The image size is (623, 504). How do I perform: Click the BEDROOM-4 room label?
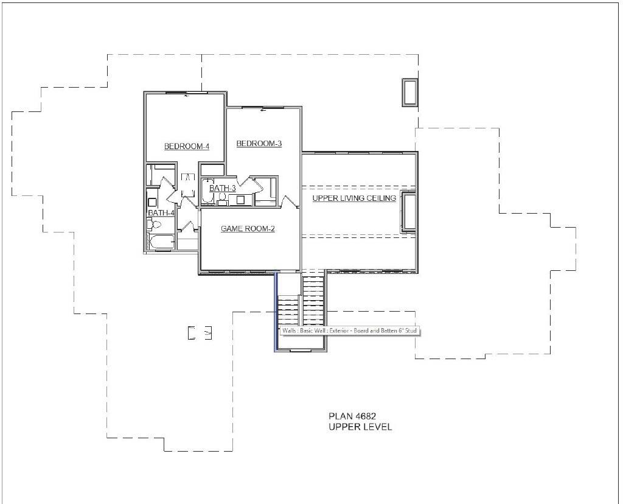(187, 147)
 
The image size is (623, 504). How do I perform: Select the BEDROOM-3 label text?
(259, 144)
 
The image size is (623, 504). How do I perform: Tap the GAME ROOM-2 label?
(248, 229)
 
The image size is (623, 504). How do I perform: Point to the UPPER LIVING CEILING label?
(354, 198)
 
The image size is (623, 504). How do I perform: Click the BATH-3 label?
(222, 189)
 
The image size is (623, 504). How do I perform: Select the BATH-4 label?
(161, 213)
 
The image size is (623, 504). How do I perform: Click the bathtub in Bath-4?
(161, 243)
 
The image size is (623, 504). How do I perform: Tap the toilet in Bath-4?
(155, 225)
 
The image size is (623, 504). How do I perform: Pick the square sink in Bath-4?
(152, 201)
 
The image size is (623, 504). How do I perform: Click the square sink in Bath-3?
(240, 199)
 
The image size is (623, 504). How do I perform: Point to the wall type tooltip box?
(350, 331)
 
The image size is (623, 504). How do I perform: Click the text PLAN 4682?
(352, 416)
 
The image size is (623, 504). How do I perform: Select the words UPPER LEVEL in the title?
(360, 427)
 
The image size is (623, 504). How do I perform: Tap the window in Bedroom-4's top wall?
(187, 93)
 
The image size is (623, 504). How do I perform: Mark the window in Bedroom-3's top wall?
(263, 108)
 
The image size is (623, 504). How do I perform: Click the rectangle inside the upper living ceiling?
(409, 211)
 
